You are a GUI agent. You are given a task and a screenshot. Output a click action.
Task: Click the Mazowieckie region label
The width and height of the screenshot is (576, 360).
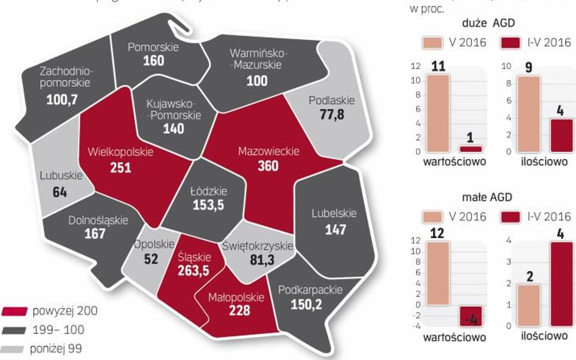pos(269,151)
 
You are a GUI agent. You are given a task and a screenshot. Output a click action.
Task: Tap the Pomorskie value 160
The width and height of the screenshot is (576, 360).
pos(153,61)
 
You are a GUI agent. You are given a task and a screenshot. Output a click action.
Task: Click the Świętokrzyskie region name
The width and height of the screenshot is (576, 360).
pos(258,246)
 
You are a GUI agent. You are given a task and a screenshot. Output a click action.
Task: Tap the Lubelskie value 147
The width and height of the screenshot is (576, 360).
pos(335,229)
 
